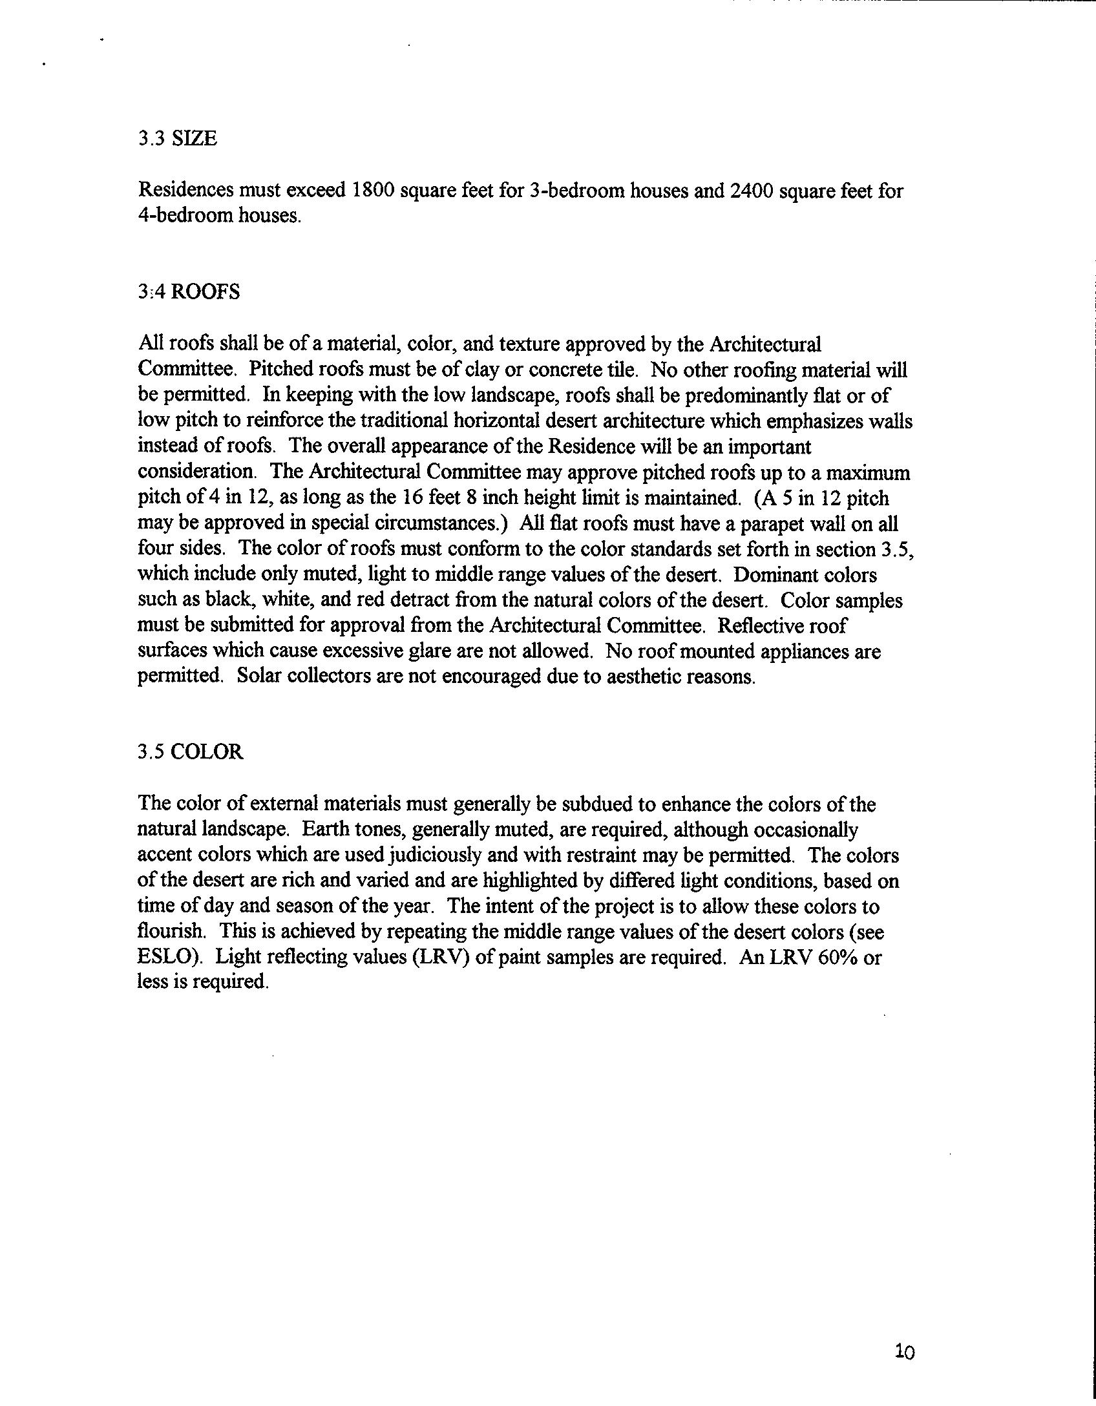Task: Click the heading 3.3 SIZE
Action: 178,138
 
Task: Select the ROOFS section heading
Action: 189,292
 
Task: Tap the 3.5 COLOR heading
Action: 191,752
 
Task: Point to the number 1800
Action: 370,191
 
